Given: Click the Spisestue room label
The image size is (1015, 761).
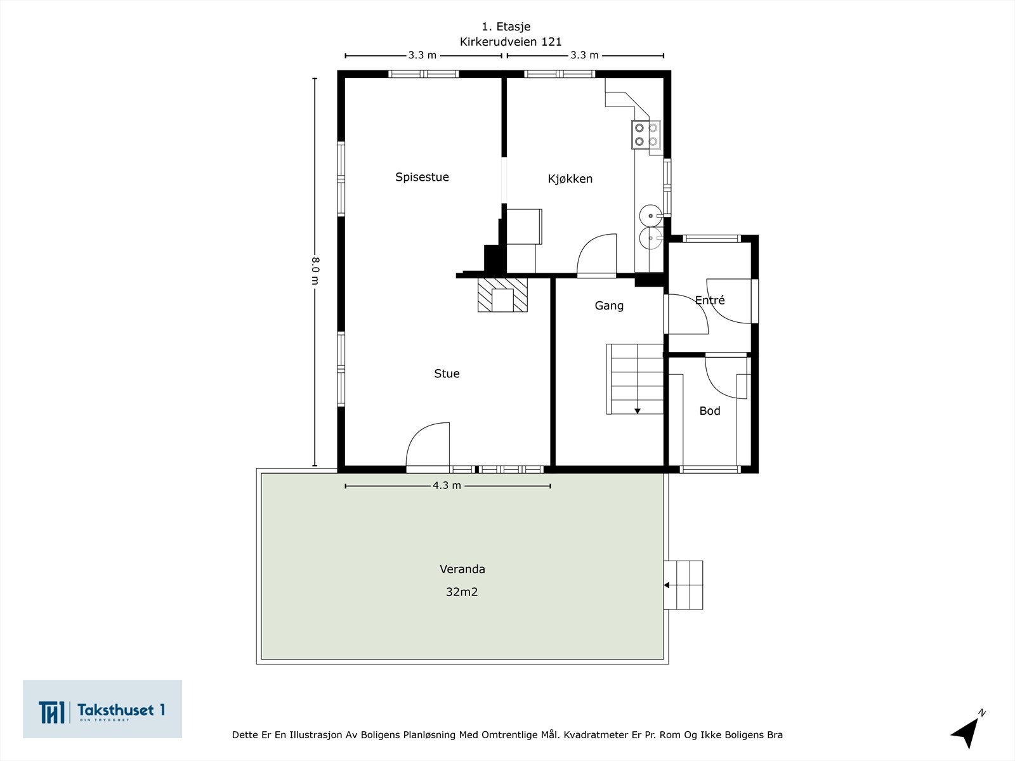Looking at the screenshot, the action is click(x=422, y=177).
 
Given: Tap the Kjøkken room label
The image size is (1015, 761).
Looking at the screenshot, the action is click(x=570, y=179).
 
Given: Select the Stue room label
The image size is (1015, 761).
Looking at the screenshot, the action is click(x=447, y=374).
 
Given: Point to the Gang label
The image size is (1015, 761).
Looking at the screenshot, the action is click(x=609, y=306).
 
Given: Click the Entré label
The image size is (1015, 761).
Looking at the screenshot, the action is click(x=710, y=301).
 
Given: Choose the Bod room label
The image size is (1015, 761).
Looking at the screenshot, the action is click(x=710, y=411).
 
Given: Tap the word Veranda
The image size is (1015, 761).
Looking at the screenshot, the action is click(x=462, y=569).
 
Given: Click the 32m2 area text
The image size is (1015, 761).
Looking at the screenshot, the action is click(x=462, y=592).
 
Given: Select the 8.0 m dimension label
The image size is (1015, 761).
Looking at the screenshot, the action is click(x=315, y=271).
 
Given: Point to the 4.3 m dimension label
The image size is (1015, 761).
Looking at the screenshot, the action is click(x=447, y=486).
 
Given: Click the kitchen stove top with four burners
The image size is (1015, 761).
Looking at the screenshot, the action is click(x=646, y=134).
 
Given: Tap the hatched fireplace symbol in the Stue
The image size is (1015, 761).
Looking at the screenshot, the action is click(x=502, y=295).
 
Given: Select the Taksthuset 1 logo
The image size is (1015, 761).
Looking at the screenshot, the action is click(x=102, y=709).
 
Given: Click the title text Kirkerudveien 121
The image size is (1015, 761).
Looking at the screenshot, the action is click(x=511, y=42).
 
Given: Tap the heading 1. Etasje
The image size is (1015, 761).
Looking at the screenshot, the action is click(x=506, y=27).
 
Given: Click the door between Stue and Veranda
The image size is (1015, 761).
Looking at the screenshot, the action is click(x=428, y=446).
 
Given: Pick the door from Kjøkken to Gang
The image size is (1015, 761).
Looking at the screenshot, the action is click(x=596, y=255).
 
